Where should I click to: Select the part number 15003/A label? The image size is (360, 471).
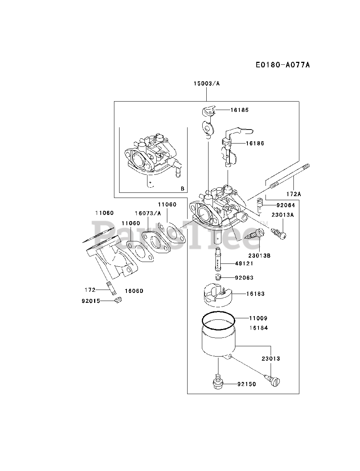[206, 84]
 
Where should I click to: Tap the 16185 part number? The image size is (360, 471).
[240, 110]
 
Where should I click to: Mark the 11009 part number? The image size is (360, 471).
[258, 318]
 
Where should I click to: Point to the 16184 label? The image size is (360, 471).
[258, 327]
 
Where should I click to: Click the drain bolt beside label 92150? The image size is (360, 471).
[218, 383]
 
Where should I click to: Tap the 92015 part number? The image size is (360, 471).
[91, 301]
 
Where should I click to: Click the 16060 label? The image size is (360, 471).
[134, 291]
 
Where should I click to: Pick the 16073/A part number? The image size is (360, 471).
[148, 213]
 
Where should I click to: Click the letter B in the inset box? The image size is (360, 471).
[182, 189]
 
